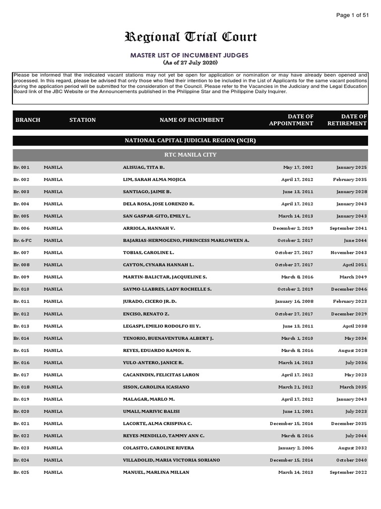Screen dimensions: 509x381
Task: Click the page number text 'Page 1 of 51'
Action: click(x=352, y=15)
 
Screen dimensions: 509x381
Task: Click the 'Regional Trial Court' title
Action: click(x=190, y=37)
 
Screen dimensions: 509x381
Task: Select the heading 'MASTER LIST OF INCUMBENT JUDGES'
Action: click(x=190, y=55)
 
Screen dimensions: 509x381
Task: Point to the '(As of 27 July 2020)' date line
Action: click(x=190, y=63)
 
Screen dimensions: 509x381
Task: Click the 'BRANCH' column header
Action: click(x=28, y=120)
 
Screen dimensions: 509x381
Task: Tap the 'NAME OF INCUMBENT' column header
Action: click(x=191, y=120)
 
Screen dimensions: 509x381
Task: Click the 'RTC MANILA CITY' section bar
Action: click(x=190, y=155)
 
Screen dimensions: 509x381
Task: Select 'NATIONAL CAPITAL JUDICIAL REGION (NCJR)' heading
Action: click(x=190, y=141)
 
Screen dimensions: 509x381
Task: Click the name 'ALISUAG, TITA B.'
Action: click(x=143, y=168)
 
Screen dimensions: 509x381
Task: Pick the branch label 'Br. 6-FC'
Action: click(x=22, y=241)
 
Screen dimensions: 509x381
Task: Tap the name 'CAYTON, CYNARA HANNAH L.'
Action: click(x=158, y=265)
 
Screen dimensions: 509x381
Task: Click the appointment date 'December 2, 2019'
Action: click(x=293, y=228)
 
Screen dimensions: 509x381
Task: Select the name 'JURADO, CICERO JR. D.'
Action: click(x=150, y=301)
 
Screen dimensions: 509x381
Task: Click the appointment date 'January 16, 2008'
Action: click(x=294, y=301)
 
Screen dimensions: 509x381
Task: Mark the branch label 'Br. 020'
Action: click(x=21, y=411)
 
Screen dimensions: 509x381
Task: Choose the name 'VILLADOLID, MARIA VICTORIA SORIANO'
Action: click(x=171, y=460)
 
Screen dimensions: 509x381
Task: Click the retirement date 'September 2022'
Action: click(x=348, y=472)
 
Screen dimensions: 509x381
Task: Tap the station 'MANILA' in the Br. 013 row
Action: click(x=53, y=326)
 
